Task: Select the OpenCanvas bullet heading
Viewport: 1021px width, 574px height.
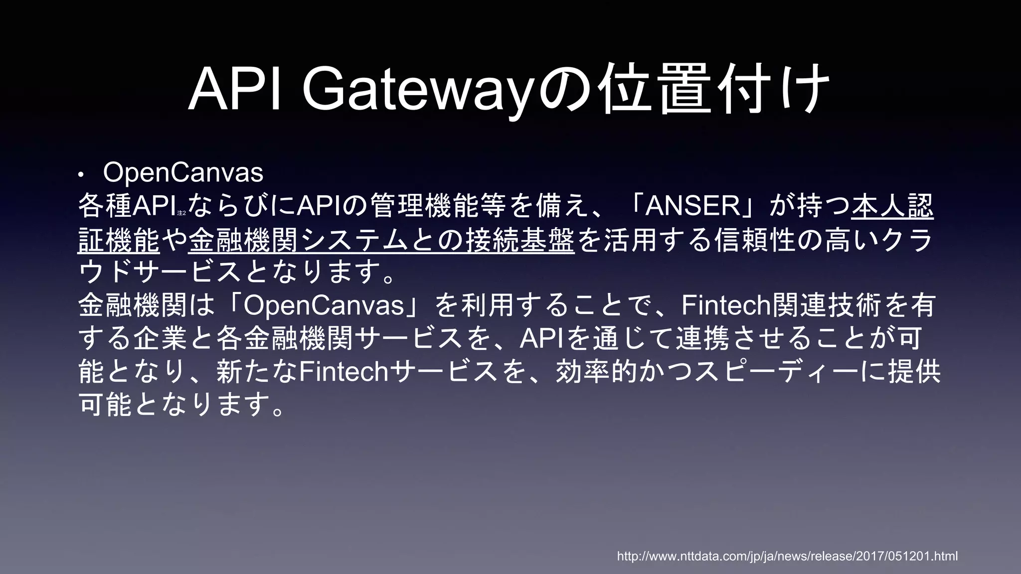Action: click(183, 173)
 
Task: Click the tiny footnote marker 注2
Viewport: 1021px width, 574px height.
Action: click(181, 213)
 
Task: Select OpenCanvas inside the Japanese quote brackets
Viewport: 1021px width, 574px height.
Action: click(324, 305)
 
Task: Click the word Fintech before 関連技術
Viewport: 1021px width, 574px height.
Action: click(725, 305)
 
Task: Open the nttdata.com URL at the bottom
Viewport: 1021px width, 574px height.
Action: click(787, 556)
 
